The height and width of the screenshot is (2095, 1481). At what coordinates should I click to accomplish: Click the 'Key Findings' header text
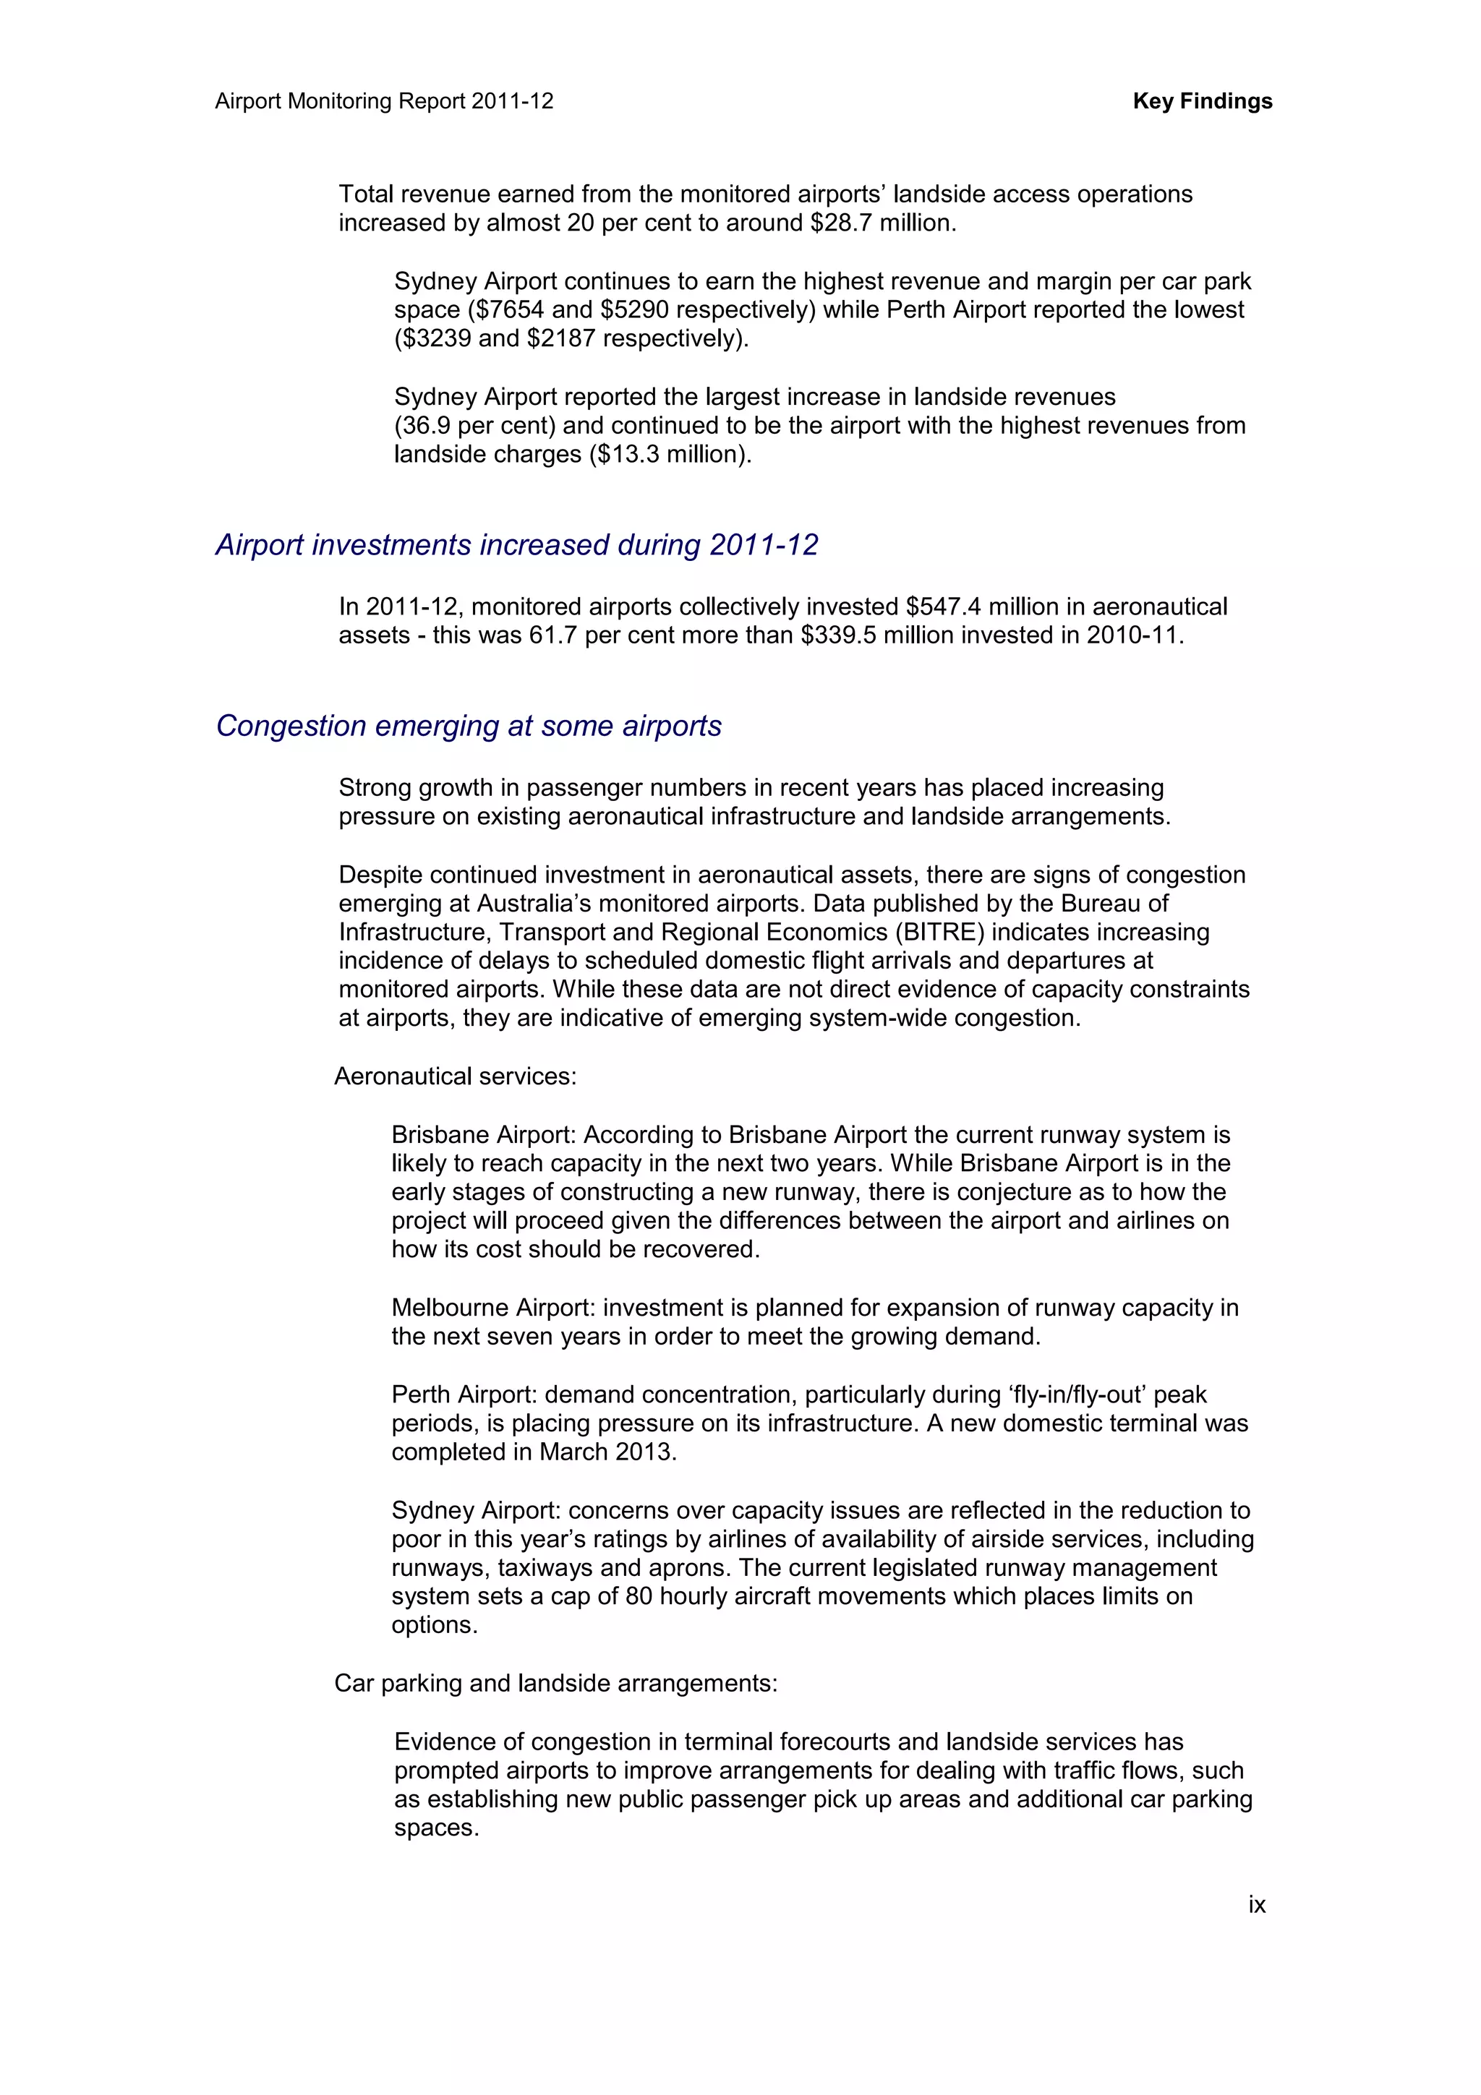pyautogui.click(x=1202, y=101)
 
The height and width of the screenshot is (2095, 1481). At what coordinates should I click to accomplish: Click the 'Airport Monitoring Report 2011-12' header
pyautogui.click(x=384, y=101)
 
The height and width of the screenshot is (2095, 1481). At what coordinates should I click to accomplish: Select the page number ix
pyautogui.click(x=1257, y=1904)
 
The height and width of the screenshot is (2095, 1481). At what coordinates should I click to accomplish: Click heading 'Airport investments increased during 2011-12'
pyautogui.click(x=516, y=545)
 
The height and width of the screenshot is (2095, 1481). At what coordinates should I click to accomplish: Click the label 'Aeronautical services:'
pyautogui.click(x=456, y=1076)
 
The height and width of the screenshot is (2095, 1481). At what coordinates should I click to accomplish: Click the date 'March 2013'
pyautogui.click(x=605, y=1452)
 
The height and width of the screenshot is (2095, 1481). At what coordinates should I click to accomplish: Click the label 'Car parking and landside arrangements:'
pyautogui.click(x=555, y=1684)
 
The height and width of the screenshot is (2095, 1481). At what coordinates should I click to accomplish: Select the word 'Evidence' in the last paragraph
pyautogui.click(x=443, y=1742)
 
